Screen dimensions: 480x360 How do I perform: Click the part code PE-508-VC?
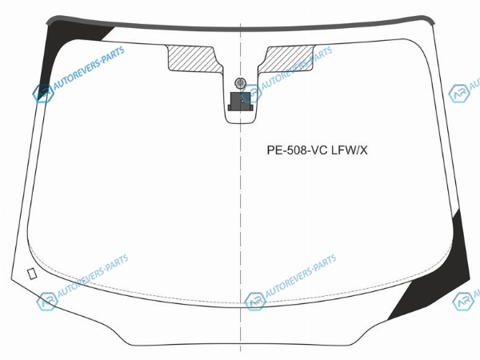(297, 150)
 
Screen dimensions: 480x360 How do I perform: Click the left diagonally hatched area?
(194, 58)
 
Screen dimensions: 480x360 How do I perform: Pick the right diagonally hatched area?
(286, 58)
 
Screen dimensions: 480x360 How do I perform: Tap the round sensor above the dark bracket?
(240, 82)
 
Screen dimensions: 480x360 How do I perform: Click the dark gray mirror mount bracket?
(240, 102)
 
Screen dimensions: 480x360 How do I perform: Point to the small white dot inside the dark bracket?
(242, 101)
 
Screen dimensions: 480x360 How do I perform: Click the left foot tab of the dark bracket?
(230, 108)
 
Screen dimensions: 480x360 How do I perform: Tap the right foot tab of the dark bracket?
(252, 108)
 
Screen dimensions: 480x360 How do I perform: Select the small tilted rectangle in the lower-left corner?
(32, 274)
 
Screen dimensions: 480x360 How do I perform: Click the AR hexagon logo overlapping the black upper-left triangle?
(43, 94)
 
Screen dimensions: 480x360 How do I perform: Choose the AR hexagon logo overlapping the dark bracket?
(251, 94)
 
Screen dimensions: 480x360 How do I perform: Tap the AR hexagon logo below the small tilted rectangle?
(47, 302)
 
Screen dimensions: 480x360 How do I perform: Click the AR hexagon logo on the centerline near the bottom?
(255, 302)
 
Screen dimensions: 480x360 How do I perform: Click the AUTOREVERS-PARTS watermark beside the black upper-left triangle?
(89, 67)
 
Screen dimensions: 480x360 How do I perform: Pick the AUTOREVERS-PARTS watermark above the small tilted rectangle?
(93, 275)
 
